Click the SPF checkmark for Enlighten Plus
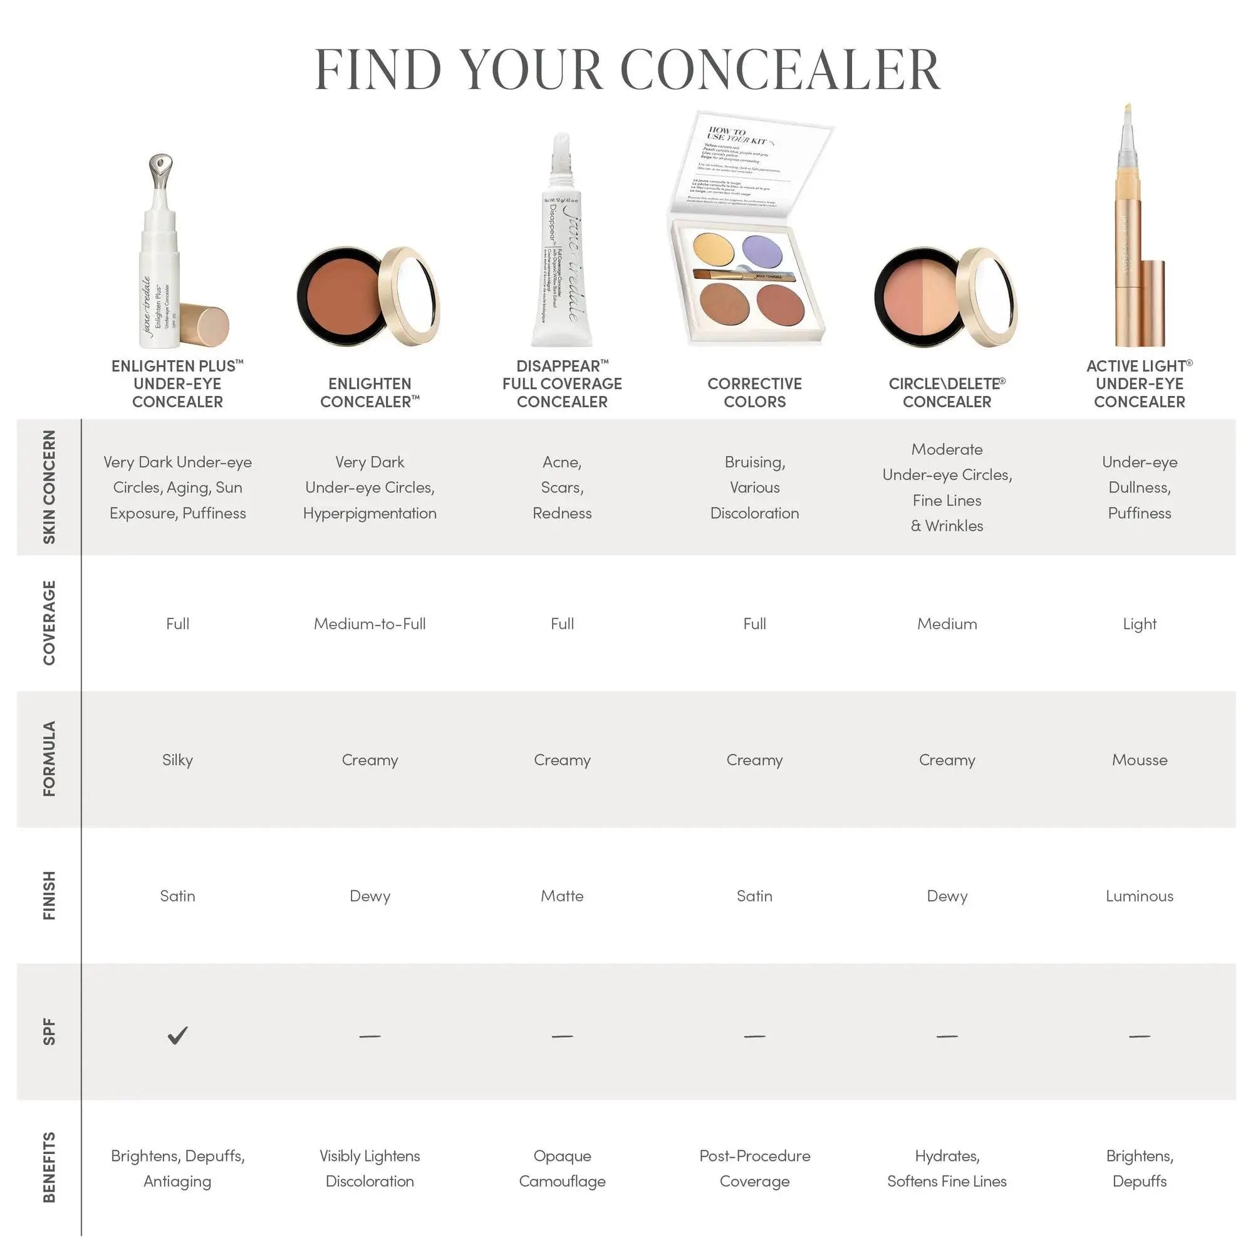coord(177,1035)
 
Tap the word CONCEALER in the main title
coord(780,70)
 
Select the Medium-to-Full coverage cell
coord(370,624)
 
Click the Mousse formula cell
coord(1139,760)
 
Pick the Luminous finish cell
coord(1139,897)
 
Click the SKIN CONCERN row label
coord(49,487)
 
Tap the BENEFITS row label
coord(49,1167)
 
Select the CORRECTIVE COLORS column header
coord(754,392)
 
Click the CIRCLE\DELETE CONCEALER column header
coord(946,392)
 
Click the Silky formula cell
coord(177,760)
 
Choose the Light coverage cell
coord(1139,624)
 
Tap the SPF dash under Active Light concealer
coord(1139,1036)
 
